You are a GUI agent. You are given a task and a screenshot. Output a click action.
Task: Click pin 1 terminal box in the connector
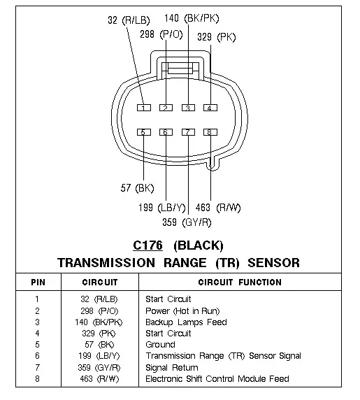pos(144,108)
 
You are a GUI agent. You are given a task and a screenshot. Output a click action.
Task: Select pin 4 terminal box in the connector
pos(210,108)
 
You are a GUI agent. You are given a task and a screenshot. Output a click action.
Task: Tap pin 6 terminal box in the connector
pos(166,132)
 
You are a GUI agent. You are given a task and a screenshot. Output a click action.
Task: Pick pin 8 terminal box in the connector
pos(210,132)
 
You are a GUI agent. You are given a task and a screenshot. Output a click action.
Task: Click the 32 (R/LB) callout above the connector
pos(129,20)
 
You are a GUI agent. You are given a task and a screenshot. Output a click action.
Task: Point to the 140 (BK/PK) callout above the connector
pos(192,18)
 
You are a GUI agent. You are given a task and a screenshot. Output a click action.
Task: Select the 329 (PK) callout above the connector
pos(217,37)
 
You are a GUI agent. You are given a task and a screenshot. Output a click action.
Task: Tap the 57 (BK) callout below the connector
pos(138,188)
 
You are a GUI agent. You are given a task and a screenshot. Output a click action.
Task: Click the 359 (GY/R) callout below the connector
pos(187,222)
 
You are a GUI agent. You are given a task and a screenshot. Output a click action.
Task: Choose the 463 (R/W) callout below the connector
pos(218,208)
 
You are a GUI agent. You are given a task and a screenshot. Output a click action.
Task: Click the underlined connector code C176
pos(148,245)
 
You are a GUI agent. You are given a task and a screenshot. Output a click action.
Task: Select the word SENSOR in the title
pos(274,263)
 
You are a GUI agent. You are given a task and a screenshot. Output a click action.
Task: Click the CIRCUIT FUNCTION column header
pos(240,282)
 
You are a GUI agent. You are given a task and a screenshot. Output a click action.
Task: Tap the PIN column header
pos(38,283)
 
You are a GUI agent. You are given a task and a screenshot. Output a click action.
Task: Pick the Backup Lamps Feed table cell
pos(186,322)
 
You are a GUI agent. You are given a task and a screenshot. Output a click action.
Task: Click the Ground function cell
pos(160,345)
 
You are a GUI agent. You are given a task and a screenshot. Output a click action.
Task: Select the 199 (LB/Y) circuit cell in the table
pos(99,356)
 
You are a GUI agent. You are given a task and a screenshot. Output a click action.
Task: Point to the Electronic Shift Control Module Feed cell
pos(217,379)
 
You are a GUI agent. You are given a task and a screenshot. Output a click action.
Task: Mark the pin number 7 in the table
pos(38,367)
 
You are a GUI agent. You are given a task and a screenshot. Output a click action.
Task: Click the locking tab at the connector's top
pos(180,69)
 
